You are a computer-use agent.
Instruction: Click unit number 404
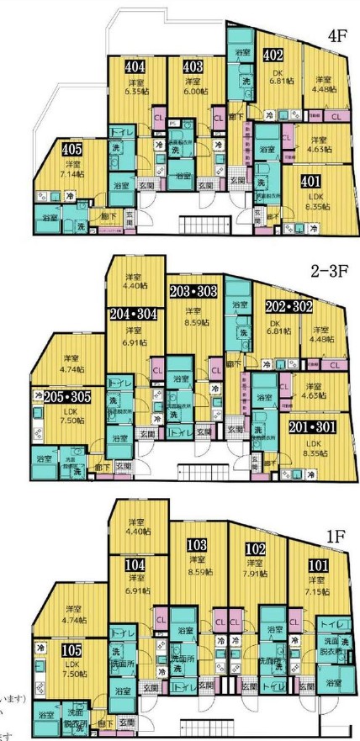pyautogui.click(x=135, y=66)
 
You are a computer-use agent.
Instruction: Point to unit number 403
pyautogui.click(x=193, y=66)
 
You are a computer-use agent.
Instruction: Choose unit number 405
pyautogui.click(x=73, y=151)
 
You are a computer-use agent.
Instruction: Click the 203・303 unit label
pyautogui.click(x=193, y=291)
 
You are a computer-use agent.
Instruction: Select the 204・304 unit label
pyautogui.click(x=134, y=314)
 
